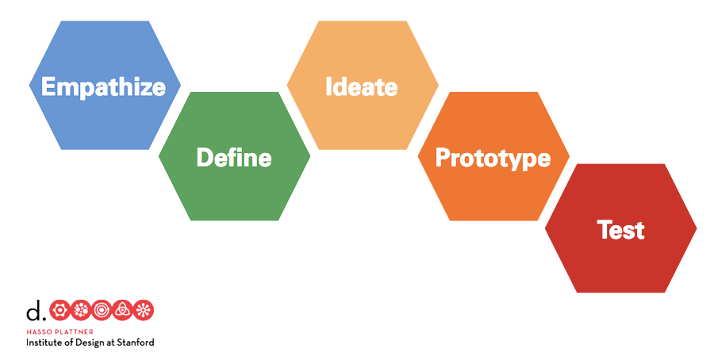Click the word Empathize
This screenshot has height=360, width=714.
[104, 86]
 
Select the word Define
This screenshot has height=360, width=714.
[234, 157]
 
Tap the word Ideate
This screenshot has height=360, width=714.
[362, 86]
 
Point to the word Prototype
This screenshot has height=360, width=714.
[493, 157]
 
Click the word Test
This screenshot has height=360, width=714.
[620, 230]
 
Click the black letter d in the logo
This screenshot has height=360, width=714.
[34, 309]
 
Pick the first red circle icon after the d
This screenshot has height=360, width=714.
[59, 310]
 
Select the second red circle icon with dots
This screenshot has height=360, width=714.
[81, 310]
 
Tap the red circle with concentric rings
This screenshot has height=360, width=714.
[102, 310]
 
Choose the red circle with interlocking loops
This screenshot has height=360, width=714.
[123, 310]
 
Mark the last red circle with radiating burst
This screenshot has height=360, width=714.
[144, 310]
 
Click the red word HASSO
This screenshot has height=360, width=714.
[39, 331]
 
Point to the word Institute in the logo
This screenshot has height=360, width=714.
[46, 343]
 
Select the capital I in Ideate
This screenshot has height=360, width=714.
[329, 86]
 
